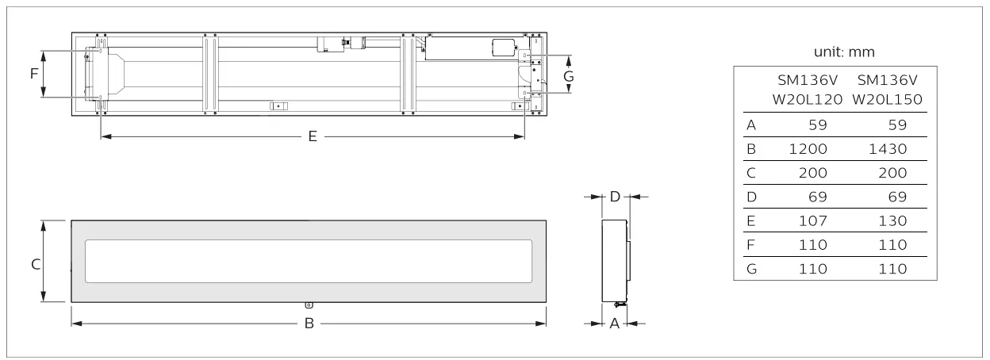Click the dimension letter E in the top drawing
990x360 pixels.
coord(313,137)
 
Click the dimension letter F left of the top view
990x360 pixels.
coord(33,74)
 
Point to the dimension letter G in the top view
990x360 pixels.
coord(568,75)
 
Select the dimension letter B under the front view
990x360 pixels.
coord(309,324)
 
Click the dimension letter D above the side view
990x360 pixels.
coord(614,196)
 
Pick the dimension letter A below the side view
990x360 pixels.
coord(613,324)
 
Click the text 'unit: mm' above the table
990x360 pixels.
coord(844,52)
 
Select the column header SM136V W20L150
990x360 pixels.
coord(888,90)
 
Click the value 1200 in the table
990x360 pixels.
coord(809,148)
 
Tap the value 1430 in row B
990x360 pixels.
coord(888,148)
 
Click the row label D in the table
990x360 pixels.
coord(751,196)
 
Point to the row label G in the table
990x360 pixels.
coord(751,268)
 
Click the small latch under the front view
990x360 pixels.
coord(309,304)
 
